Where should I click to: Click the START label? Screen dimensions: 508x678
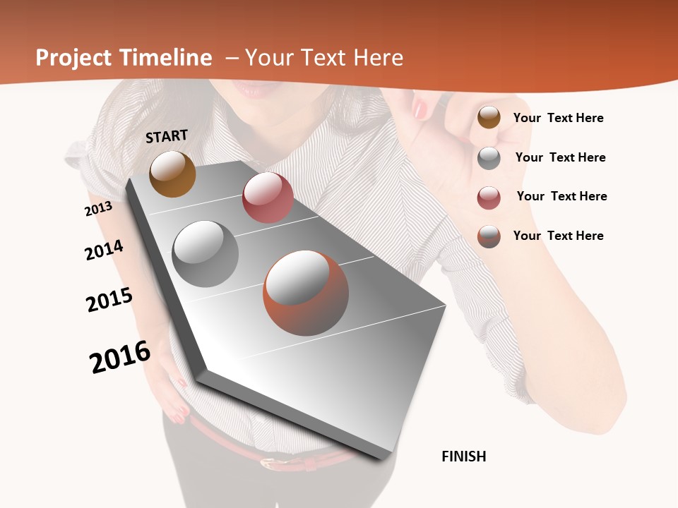[167, 136]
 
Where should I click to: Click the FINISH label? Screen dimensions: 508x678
[463, 456]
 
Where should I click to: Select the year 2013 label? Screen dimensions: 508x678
[98, 209]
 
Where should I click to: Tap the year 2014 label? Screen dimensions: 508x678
[104, 250]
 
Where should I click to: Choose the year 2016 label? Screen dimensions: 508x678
[120, 356]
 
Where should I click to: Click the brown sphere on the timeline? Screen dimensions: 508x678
[172, 174]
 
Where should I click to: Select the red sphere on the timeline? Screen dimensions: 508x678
[268, 198]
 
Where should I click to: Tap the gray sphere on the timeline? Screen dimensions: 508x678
[206, 254]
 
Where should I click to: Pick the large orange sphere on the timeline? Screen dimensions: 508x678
[306, 293]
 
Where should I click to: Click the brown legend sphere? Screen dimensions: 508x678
[489, 118]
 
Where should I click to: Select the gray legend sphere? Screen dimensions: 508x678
[489, 158]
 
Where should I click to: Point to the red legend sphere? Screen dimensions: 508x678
[489, 198]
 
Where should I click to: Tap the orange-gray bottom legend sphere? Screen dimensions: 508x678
[489, 236]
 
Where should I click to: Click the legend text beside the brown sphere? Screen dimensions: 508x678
[558, 118]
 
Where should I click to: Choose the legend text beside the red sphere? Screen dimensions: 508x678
[561, 196]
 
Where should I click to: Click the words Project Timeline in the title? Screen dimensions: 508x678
[124, 58]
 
